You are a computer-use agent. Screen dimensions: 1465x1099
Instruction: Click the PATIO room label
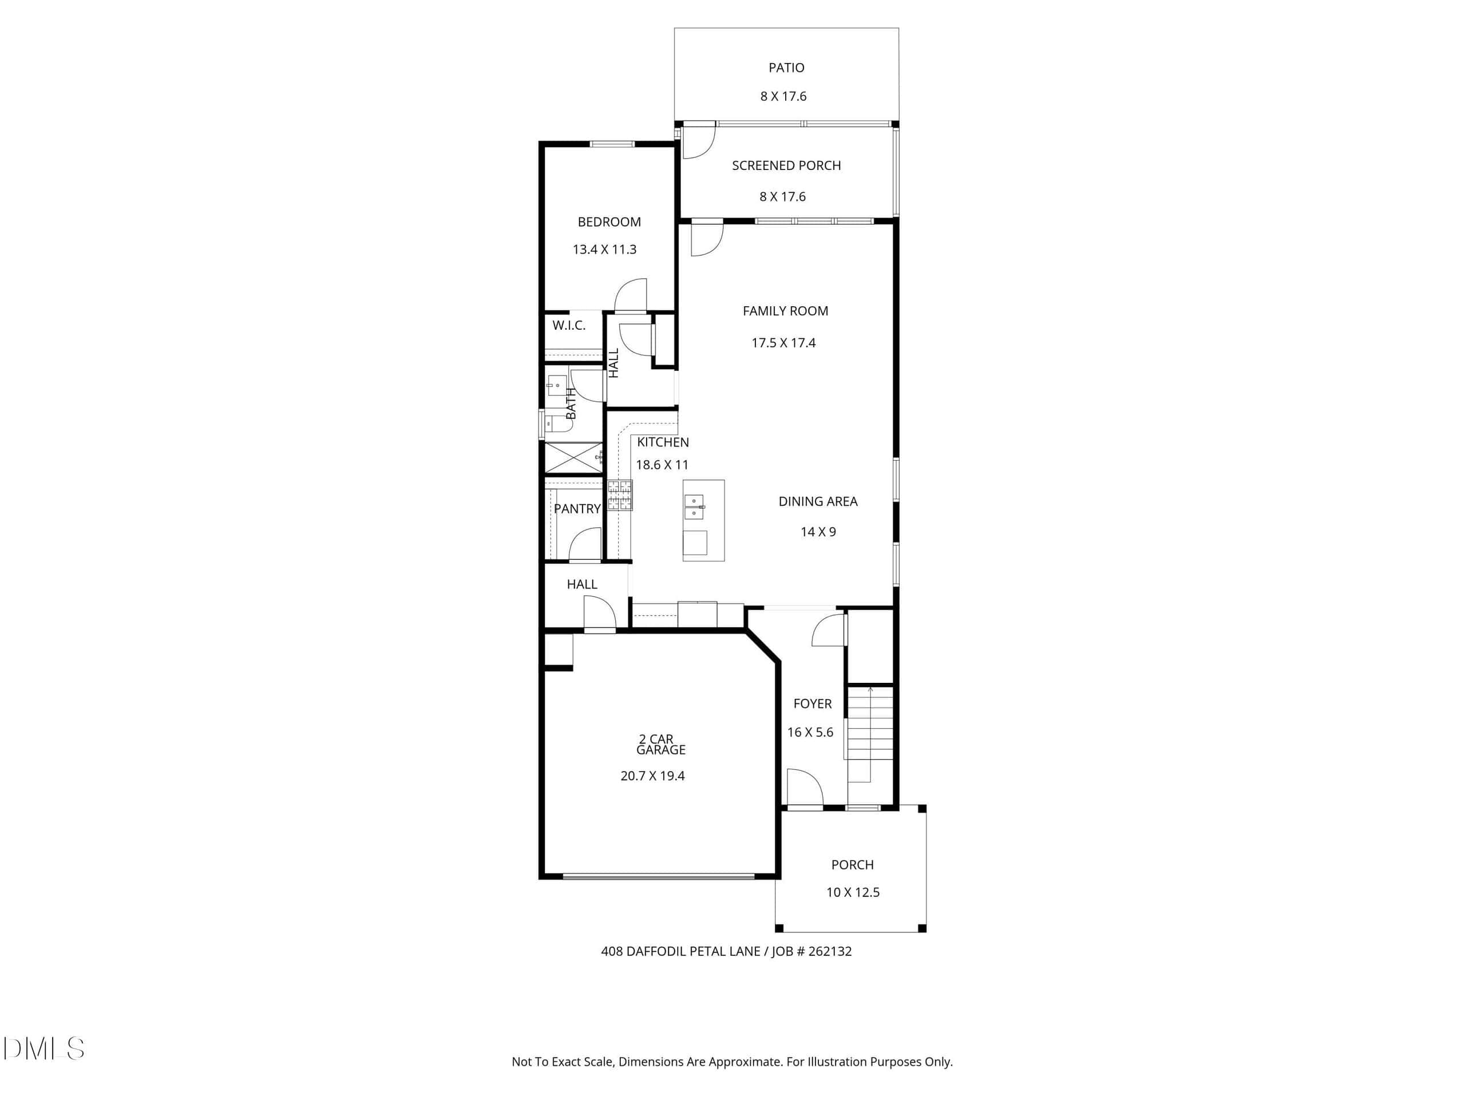(x=786, y=68)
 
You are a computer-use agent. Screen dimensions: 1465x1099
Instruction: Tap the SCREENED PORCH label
(x=786, y=165)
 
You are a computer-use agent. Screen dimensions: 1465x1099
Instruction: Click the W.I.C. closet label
(x=569, y=325)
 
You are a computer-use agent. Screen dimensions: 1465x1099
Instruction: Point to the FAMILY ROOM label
(x=786, y=311)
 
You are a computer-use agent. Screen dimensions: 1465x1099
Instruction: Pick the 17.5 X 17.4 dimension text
(x=783, y=343)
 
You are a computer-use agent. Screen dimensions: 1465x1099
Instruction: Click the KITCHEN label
(x=663, y=442)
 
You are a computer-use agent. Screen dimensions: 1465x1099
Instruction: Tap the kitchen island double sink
(x=694, y=507)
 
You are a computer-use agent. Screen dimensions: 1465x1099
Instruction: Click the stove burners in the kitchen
(x=620, y=495)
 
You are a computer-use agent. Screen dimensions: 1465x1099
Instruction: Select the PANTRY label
(x=577, y=509)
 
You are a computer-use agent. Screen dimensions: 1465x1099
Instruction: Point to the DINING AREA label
(x=818, y=501)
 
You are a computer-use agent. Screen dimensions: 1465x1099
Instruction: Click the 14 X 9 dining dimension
(x=818, y=532)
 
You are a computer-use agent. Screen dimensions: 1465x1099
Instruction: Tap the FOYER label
(x=813, y=704)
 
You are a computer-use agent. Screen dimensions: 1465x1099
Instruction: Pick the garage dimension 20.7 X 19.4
(x=652, y=776)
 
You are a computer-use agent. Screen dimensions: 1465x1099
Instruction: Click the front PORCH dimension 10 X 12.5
(x=853, y=892)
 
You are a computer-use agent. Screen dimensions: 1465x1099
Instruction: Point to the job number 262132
(x=830, y=951)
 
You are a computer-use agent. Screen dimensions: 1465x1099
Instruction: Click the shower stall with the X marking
(x=573, y=458)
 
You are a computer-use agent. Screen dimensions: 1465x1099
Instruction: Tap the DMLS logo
(x=43, y=1048)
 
